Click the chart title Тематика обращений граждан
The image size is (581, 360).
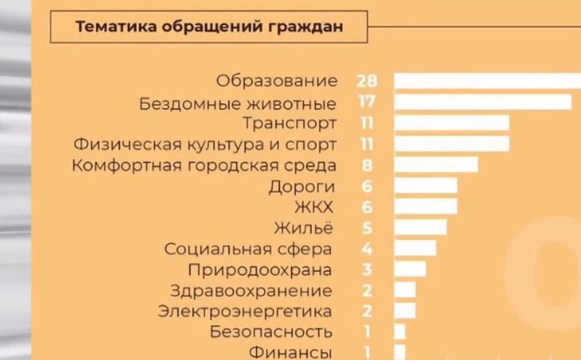click(x=209, y=27)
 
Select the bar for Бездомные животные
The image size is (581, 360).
click(x=483, y=102)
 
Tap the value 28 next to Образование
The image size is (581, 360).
click(x=367, y=80)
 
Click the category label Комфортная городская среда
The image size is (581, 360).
click(x=204, y=165)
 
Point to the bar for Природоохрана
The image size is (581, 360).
click(x=410, y=269)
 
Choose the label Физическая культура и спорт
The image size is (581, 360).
click(x=205, y=144)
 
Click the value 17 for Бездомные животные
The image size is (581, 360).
click(x=367, y=102)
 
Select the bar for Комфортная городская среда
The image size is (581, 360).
click(x=436, y=165)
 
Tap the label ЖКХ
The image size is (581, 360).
click(x=313, y=207)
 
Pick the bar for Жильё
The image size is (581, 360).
click(x=420, y=228)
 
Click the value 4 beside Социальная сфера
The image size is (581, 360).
click(x=367, y=249)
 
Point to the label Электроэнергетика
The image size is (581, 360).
click(x=244, y=311)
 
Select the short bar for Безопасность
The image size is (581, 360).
click(x=400, y=331)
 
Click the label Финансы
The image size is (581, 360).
click(x=290, y=352)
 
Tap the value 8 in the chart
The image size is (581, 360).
click(x=367, y=165)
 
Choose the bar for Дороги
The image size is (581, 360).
click(x=425, y=186)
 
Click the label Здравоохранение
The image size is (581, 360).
click(x=251, y=290)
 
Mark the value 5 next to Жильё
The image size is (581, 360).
click(x=367, y=228)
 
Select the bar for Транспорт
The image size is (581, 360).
click(x=452, y=123)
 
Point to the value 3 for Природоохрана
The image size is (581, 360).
click(x=367, y=269)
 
